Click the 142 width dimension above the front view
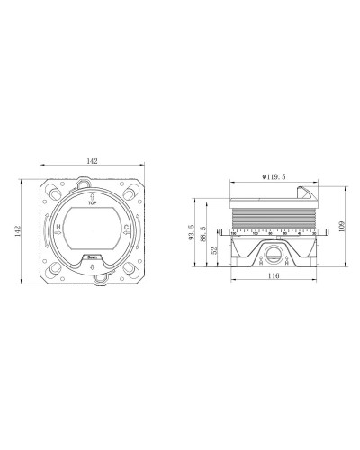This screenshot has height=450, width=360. pyautogui.click(x=94, y=162)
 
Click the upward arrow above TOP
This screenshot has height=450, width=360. pyautogui.click(x=94, y=195)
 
